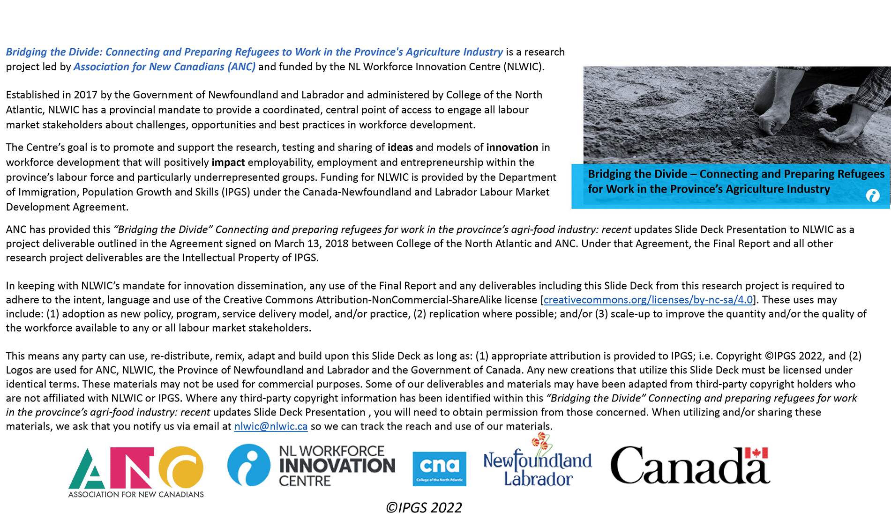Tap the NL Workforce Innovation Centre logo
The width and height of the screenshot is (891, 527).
tap(311, 466)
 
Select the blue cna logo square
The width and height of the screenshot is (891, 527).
tap(439, 468)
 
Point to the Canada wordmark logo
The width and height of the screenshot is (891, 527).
tap(690, 466)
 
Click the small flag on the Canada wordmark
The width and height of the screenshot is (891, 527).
tap(756, 453)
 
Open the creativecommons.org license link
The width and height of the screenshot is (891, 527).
tap(648, 300)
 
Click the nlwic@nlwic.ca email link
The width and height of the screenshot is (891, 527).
tap(271, 426)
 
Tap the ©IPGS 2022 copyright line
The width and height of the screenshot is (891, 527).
tap(424, 508)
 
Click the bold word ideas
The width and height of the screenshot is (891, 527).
tap(400, 148)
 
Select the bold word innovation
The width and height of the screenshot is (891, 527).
tap(512, 148)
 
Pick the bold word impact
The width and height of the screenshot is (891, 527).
tap(228, 163)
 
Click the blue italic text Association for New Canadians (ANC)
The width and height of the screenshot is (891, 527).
tap(165, 67)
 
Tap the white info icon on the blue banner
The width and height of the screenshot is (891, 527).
tap(873, 196)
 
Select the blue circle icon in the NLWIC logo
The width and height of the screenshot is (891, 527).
tap(249, 465)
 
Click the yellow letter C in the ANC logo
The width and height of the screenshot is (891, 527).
tap(182, 467)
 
